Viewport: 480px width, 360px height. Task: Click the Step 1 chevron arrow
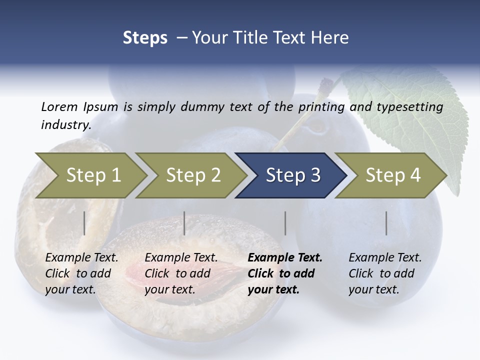93,175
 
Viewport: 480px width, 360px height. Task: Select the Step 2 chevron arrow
193,175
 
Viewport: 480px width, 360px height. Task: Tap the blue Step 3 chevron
292,175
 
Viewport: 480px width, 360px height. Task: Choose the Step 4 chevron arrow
392,175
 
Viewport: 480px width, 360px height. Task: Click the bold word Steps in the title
145,38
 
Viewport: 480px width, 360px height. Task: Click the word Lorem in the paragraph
59,106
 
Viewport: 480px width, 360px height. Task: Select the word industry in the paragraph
65,124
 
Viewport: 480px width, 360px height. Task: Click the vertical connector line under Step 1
84,223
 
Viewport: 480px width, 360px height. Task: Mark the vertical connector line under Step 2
184,223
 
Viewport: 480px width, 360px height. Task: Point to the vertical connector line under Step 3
285,223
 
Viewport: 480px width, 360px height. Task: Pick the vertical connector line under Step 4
386,223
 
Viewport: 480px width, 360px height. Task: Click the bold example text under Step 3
284,273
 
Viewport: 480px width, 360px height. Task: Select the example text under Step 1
81,273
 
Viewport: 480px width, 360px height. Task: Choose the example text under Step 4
384,273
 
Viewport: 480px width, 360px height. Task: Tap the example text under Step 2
181,273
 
